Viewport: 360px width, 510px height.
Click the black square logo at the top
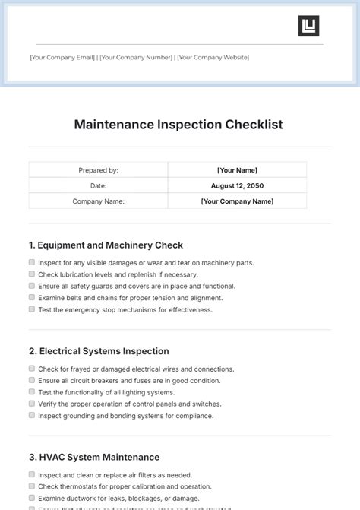tap(308, 26)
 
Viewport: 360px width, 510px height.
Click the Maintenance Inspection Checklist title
tap(178, 125)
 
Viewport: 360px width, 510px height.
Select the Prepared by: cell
tap(98, 170)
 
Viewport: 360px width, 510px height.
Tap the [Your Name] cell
tap(237, 170)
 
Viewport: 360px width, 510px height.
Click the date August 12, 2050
tap(237, 185)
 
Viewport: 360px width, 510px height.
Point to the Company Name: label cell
tap(98, 201)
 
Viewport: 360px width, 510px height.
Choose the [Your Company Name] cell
tap(237, 201)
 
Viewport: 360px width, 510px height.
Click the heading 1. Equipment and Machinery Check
tap(106, 245)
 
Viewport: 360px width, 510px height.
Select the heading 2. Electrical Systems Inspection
tap(99, 351)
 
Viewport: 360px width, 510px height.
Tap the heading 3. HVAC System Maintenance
tap(94, 457)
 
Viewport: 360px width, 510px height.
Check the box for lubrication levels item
tap(31, 274)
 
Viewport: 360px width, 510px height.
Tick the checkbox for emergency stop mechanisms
tap(31, 309)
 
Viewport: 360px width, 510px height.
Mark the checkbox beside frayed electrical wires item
tap(31, 369)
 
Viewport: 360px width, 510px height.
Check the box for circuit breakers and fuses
tap(31, 380)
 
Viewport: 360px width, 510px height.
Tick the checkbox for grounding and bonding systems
tap(31, 415)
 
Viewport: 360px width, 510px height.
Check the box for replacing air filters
tap(31, 474)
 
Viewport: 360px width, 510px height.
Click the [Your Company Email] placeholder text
tap(62, 57)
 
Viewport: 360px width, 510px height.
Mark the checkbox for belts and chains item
tap(31, 298)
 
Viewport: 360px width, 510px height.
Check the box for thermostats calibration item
tap(31, 486)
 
